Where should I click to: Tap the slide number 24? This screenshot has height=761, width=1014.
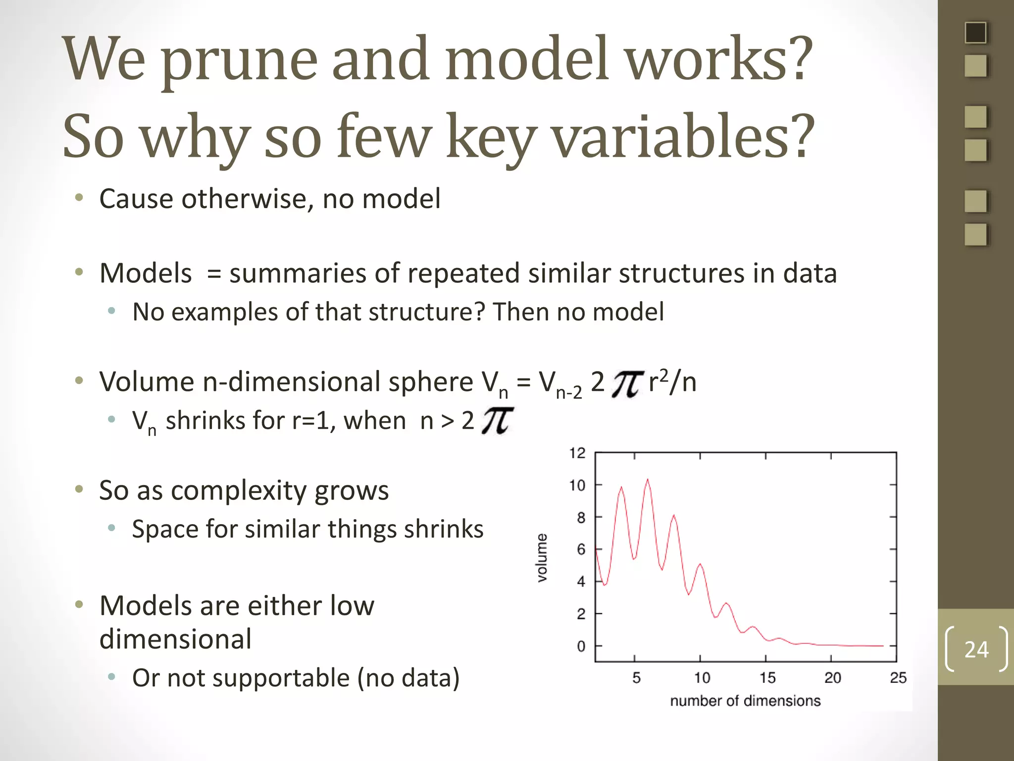click(x=976, y=650)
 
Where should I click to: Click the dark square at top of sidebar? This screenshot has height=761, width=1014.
click(x=975, y=33)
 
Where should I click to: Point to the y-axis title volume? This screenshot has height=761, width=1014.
click(x=543, y=557)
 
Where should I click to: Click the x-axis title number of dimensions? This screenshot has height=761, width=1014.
click(x=745, y=701)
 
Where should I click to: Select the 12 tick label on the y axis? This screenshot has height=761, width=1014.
click(x=577, y=453)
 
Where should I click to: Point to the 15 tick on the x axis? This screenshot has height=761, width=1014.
click(x=767, y=678)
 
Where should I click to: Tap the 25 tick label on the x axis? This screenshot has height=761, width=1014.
click(x=898, y=678)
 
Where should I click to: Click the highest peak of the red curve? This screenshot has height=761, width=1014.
click(x=648, y=480)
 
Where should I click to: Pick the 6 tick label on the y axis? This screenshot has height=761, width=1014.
click(x=581, y=549)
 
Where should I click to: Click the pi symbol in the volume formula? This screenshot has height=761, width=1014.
click(x=627, y=384)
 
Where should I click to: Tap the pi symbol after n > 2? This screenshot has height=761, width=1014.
click(x=497, y=421)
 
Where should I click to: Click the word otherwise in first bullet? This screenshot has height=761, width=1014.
click(x=247, y=199)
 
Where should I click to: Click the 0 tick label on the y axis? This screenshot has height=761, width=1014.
click(x=581, y=647)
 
